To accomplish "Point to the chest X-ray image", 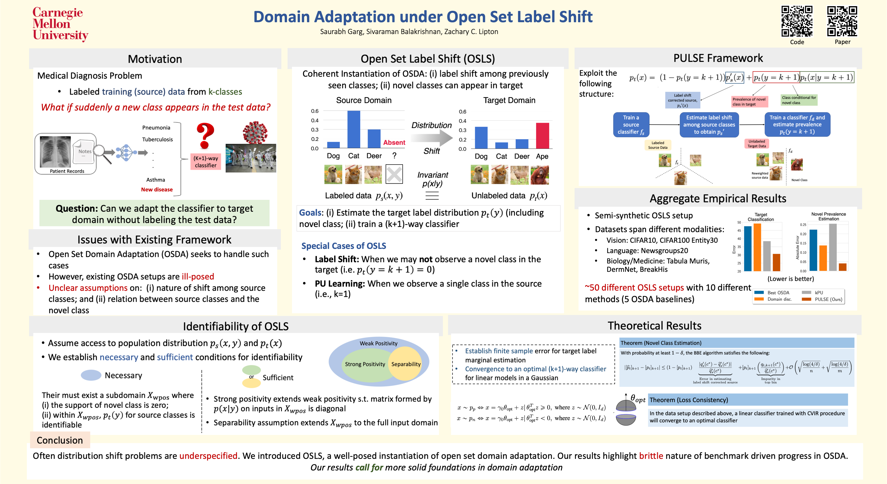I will coord(55,152).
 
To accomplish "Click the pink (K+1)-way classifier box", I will coord(205,162).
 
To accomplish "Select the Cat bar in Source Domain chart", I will coord(354,129).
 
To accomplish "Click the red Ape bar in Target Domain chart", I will coord(542,136).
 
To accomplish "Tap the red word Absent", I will coord(394,142).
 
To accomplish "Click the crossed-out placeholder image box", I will coord(394,174).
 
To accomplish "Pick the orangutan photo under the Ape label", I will coord(540,175).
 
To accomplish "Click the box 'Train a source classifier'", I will coord(631,125).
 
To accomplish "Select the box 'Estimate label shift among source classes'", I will coord(709,125).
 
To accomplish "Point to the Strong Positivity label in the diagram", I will coord(365,364).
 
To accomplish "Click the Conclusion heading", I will coord(60,440).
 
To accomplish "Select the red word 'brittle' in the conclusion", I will coord(651,456).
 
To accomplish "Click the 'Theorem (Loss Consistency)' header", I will coord(689,400).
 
